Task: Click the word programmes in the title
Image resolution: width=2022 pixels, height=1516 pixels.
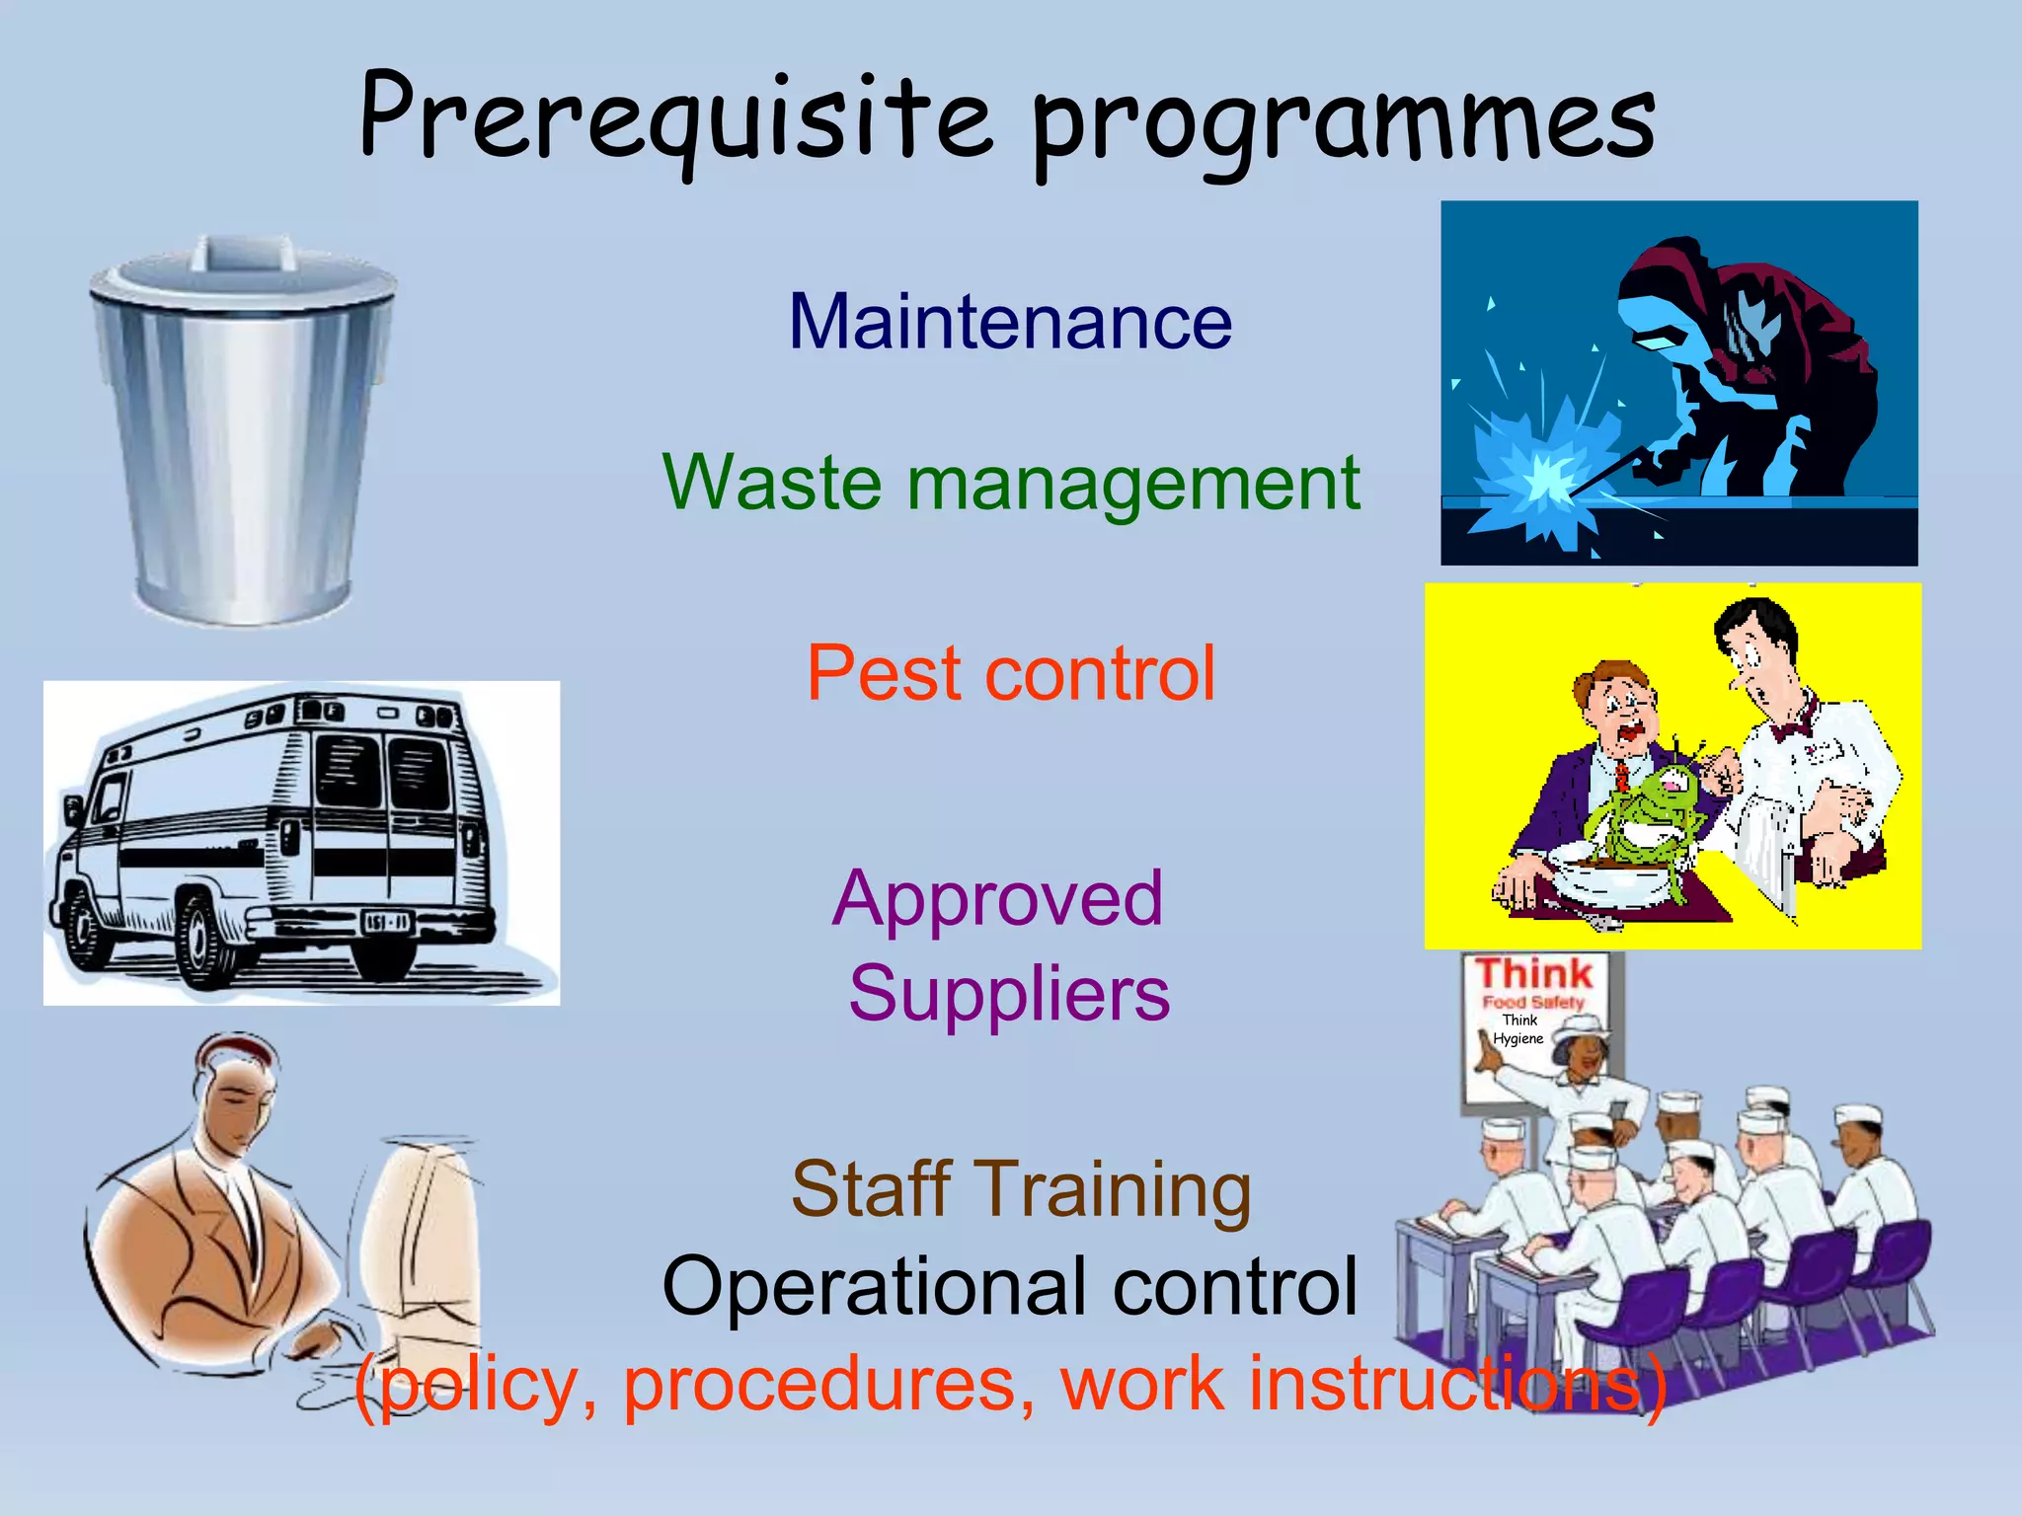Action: click(1343, 123)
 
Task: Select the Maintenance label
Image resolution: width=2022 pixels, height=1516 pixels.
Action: click(1010, 322)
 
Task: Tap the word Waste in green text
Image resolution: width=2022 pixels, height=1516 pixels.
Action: click(771, 483)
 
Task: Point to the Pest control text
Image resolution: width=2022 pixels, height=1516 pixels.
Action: click(1010, 673)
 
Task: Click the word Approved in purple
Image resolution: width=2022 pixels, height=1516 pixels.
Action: click(997, 898)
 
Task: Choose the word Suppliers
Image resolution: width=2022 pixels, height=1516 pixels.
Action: click(1009, 993)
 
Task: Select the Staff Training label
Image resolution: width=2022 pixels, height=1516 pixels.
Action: click(1021, 1189)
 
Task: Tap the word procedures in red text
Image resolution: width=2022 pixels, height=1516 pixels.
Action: click(829, 1384)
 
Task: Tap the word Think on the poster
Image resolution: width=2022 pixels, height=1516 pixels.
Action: click(1534, 973)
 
